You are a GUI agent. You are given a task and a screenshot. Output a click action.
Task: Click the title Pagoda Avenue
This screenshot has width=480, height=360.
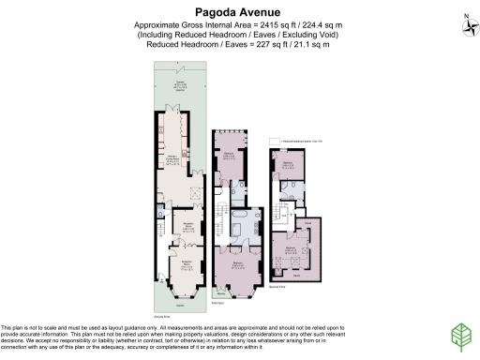tap(240, 10)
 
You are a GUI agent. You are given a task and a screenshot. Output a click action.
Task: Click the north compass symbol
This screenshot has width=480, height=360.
tap(467, 22)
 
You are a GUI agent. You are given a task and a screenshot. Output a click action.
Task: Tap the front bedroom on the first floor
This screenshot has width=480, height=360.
tap(240, 265)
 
